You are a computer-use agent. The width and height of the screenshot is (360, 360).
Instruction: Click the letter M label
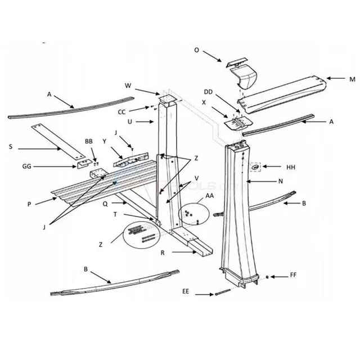tap(352, 79)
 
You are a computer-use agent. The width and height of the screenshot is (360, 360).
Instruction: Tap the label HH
tap(291, 167)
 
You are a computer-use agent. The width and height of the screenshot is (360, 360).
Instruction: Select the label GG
tap(26, 166)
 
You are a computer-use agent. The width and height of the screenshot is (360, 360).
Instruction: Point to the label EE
tap(186, 291)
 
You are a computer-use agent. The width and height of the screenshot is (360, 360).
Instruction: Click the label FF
tap(293, 275)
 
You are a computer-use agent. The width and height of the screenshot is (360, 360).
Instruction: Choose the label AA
tap(210, 196)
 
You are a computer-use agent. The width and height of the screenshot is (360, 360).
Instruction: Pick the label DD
tap(208, 92)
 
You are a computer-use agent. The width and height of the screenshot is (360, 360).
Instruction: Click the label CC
tap(121, 112)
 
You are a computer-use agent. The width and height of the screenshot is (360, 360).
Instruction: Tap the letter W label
tap(128, 85)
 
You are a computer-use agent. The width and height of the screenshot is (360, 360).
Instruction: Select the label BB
tap(89, 141)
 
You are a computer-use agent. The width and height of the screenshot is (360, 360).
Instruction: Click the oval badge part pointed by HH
tap(255, 168)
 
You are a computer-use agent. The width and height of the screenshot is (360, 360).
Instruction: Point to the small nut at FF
tap(267, 277)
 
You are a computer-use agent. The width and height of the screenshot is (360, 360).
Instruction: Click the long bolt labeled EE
tap(223, 292)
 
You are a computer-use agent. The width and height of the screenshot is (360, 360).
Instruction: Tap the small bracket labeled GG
tap(85, 164)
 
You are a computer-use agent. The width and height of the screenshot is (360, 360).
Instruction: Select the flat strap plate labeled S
tap(58, 142)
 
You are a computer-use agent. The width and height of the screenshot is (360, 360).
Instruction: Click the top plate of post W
tap(168, 99)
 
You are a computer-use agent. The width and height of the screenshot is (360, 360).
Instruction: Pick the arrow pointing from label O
tap(212, 56)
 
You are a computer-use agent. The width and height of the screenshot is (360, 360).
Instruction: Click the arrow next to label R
tap(184, 252)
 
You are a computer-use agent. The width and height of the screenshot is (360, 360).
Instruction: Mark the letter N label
tap(280, 181)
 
